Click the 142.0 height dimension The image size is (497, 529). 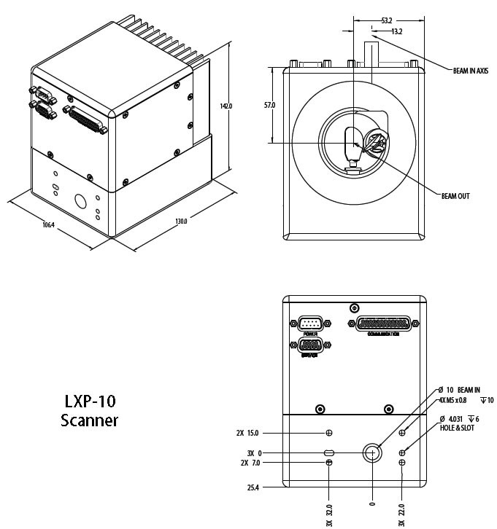pos(226,106)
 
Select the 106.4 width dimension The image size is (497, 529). pos(48,224)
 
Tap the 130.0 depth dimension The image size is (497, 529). pos(180,221)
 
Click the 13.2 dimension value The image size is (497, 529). pos(397,31)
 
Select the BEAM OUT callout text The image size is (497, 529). pos(456,196)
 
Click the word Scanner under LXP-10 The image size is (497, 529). pos(89,420)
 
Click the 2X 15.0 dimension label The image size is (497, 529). pos(249,432)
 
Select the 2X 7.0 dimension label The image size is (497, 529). pos(249,463)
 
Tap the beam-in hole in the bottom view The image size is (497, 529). pos(372,452)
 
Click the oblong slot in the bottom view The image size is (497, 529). pos(330,452)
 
